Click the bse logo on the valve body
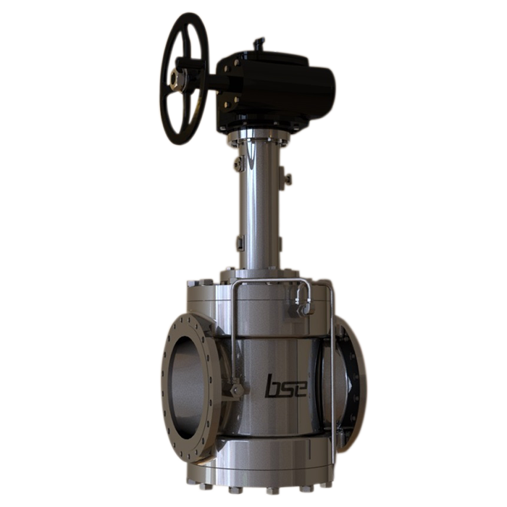286,385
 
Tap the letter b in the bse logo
272,385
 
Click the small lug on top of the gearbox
259,44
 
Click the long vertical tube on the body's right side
332,377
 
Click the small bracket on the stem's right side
288,178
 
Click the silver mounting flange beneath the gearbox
259,135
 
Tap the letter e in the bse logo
300,387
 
